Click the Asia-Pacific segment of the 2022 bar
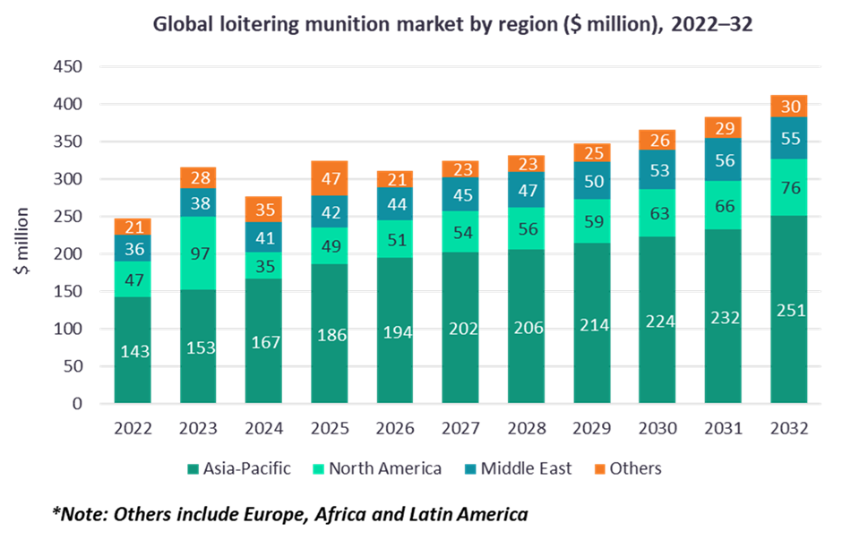[x=133, y=350]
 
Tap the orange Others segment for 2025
[x=329, y=178]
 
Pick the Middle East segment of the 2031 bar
[x=723, y=159]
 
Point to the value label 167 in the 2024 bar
[x=263, y=343]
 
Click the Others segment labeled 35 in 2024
[x=263, y=210]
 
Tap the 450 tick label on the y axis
[x=67, y=67]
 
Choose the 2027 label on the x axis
[x=460, y=428]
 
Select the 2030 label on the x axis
[x=657, y=428]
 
